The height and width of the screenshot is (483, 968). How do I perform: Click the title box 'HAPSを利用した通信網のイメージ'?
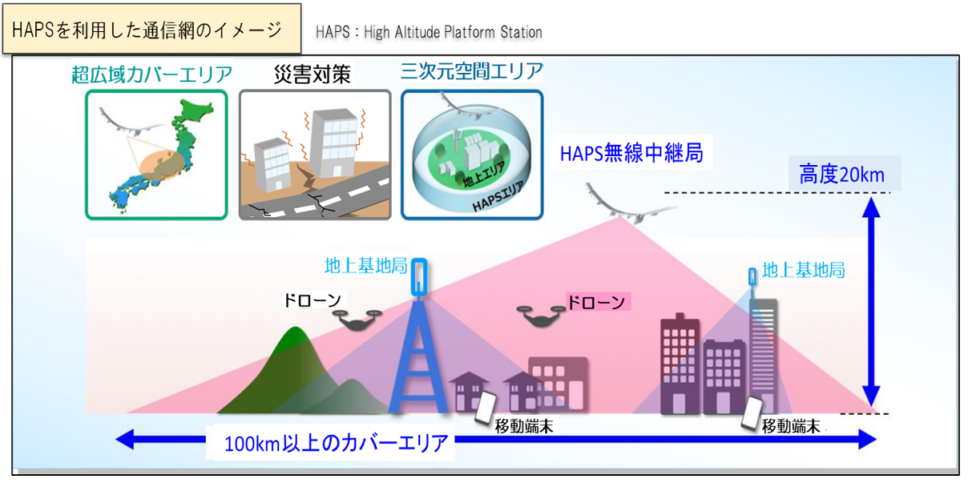click(x=151, y=29)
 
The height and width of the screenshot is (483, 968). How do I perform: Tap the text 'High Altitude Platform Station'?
click(x=453, y=32)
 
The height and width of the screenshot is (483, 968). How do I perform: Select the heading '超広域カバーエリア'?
click(x=151, y=74)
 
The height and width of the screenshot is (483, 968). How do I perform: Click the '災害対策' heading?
click(x=312, y=74)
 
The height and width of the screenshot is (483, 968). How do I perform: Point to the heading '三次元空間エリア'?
click(x=471, y=70)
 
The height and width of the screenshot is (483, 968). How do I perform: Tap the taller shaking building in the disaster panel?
click(x=333, y=143)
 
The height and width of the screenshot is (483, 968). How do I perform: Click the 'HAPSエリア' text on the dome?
click(x=498, y=197)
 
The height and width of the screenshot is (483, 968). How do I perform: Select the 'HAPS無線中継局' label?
click(x=631, y=153)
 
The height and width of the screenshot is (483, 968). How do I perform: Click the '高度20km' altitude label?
click(x=842, y=175)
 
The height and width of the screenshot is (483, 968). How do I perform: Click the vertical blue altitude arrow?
click(x=871, y=301)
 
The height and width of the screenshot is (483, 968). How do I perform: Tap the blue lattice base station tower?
click(x=418, y=337)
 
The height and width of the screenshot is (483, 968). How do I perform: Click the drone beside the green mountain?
click(x=357, y=320)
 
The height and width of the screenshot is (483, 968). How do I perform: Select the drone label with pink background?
click(x=598, y=302)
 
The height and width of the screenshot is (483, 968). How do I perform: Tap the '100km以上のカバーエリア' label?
click(x=336, y=443)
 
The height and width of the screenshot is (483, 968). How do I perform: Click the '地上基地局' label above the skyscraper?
click(x=803, y=270)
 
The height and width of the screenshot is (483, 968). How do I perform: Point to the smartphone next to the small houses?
click(x=486, y=408)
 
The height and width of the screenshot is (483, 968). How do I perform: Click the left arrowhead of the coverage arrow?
click(x=125, y=440)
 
